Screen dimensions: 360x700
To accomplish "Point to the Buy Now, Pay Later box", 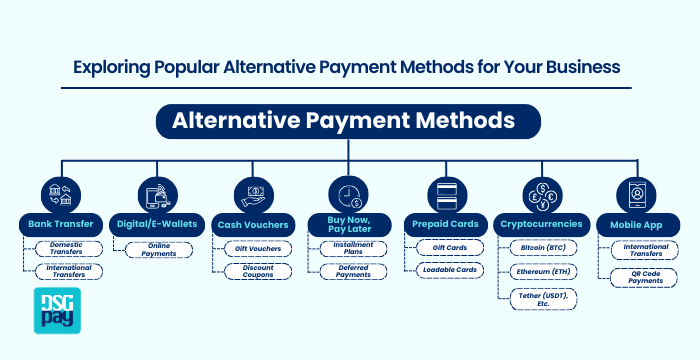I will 348,223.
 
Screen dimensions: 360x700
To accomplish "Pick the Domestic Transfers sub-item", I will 64,247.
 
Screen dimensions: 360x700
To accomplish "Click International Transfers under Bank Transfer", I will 64,271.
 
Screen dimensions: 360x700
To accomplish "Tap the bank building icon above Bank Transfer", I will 55,191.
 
